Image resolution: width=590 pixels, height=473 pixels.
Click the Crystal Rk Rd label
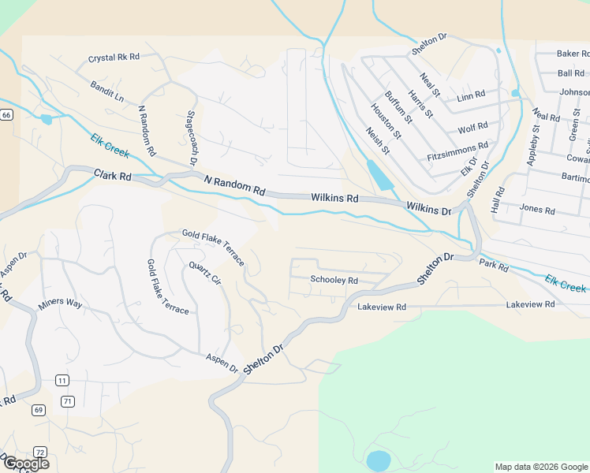coord(114,58)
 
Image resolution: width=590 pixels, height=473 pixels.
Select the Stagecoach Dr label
coord(192,139)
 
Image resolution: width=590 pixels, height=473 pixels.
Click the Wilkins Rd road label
coord(334,199)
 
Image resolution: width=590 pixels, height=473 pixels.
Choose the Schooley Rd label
coord(334,280)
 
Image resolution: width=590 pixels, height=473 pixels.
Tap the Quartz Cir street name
coord(204,274)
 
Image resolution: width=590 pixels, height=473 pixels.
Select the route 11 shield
coord(62,381)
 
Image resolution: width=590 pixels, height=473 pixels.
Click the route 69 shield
coord(39,410)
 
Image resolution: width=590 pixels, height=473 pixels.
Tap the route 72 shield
coord(40,451)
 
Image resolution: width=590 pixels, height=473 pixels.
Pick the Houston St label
coord(386,122)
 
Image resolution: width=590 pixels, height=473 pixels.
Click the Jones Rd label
coord(538,210)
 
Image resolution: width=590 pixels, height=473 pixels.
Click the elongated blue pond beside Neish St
coord(379,175)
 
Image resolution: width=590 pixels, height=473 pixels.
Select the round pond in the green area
coord(379,460)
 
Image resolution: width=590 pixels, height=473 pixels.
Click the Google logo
coord(26,464)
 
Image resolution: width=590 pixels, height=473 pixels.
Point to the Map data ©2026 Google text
coord(541,467)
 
